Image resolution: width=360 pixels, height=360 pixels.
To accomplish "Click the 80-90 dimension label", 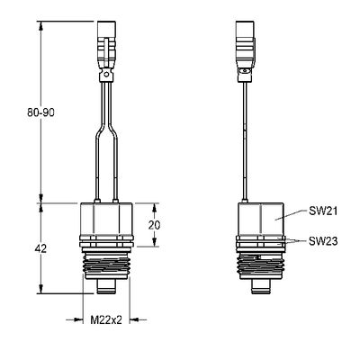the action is pos(40,112).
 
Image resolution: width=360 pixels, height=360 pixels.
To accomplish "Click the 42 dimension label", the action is pos(40,248).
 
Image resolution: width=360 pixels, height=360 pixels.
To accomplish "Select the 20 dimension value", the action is pos(155,225).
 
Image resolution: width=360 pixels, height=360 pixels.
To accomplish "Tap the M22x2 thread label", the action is pos(106,320).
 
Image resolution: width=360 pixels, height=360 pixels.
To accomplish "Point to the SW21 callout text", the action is pos(323,211).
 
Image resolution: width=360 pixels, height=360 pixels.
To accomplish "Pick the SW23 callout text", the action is pos(323,241).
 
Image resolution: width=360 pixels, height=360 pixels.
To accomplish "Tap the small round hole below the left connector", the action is pos(105,74).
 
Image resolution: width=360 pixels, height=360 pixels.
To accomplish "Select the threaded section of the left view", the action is pos(106,265).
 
